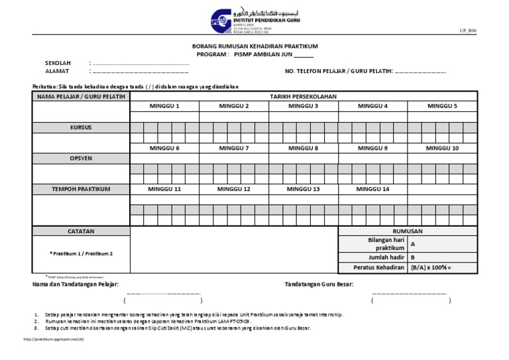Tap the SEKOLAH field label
(x=58, y=62)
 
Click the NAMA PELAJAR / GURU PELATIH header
(x=81, y=96)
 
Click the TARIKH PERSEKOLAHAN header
(x=303, y=96)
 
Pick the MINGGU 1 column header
(x=164, y=106)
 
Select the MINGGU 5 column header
(x=442, y=106)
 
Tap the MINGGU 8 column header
(x=303, y=148)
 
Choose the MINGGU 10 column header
(x=442, y=148)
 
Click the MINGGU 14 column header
(x=372, y=189)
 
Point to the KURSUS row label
(x=81, y=127)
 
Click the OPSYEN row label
(x=81, y=158)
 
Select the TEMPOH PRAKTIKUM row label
(x=81, y=189)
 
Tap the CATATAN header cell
(x=81, y=231)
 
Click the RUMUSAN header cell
(x=407, y=231)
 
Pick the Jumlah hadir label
(x=386, y=257)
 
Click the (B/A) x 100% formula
(x=431, y=268)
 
